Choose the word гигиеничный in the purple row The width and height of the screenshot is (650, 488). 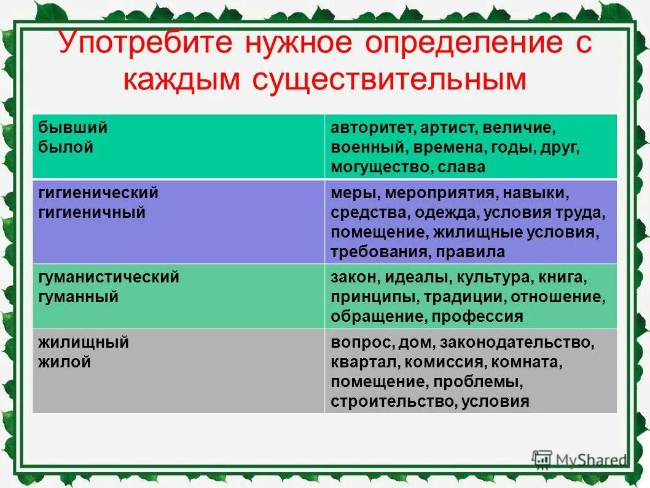click(x=92, y=213)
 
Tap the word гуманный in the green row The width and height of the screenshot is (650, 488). click(x=79, y=297)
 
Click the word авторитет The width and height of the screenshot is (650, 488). click(x=366, y=129)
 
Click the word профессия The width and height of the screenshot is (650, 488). click(x=477, y=317)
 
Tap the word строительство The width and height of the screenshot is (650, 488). click(x=392, y=402)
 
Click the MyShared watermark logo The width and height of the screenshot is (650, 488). click(x=579, y=459)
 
